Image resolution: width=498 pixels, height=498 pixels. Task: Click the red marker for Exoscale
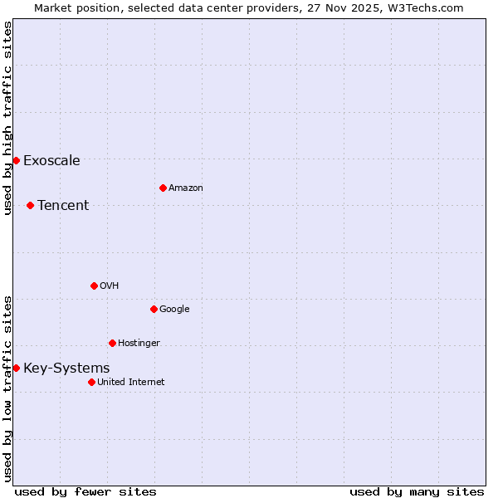pyautogui.click(x=16, y=160)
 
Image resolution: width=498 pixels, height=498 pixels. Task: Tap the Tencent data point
pyautogui.click(x=30, y=205)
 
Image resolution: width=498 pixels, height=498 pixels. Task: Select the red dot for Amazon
pyautogui.click(x=163, y=188)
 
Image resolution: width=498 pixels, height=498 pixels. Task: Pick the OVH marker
pyautogui.click(x=94, y=286)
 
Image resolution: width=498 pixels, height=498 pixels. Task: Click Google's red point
pyautogui.click(x=154, y=309)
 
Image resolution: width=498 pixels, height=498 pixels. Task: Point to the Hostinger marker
pyautogui.click(x=112, y=343)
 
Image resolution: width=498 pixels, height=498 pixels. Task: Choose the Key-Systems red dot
pyautogui.click(x=16, y=368)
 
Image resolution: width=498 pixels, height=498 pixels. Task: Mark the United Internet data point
pyautogui.click(x=91, y=382)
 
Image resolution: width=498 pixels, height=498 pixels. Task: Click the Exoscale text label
pyautogui.click(x=51, y=161)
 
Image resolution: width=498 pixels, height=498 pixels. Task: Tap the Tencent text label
pyautogui.click(x=63, y=206)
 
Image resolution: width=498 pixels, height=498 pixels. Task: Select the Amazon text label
pyautogui.click(x=186, y=188)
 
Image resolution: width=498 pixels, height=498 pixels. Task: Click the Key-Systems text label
pyautogui.click(x=66, y=369)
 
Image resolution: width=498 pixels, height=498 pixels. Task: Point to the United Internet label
pyautogui.click(x=131, y=383)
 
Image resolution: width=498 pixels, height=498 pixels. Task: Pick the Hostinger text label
pyautogui.click(x=139, y=344)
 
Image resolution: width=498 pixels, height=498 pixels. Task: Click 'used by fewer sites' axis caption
pyautogui.click(x=85, y=491)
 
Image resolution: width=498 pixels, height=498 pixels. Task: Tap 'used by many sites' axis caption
pyautogui.click(x=417, y=491)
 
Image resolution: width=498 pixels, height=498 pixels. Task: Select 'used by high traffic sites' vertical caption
pyautogui.click(x=7, y=118)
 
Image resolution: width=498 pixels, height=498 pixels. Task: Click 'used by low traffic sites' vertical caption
pyautogui.click(x=7, y=388)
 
